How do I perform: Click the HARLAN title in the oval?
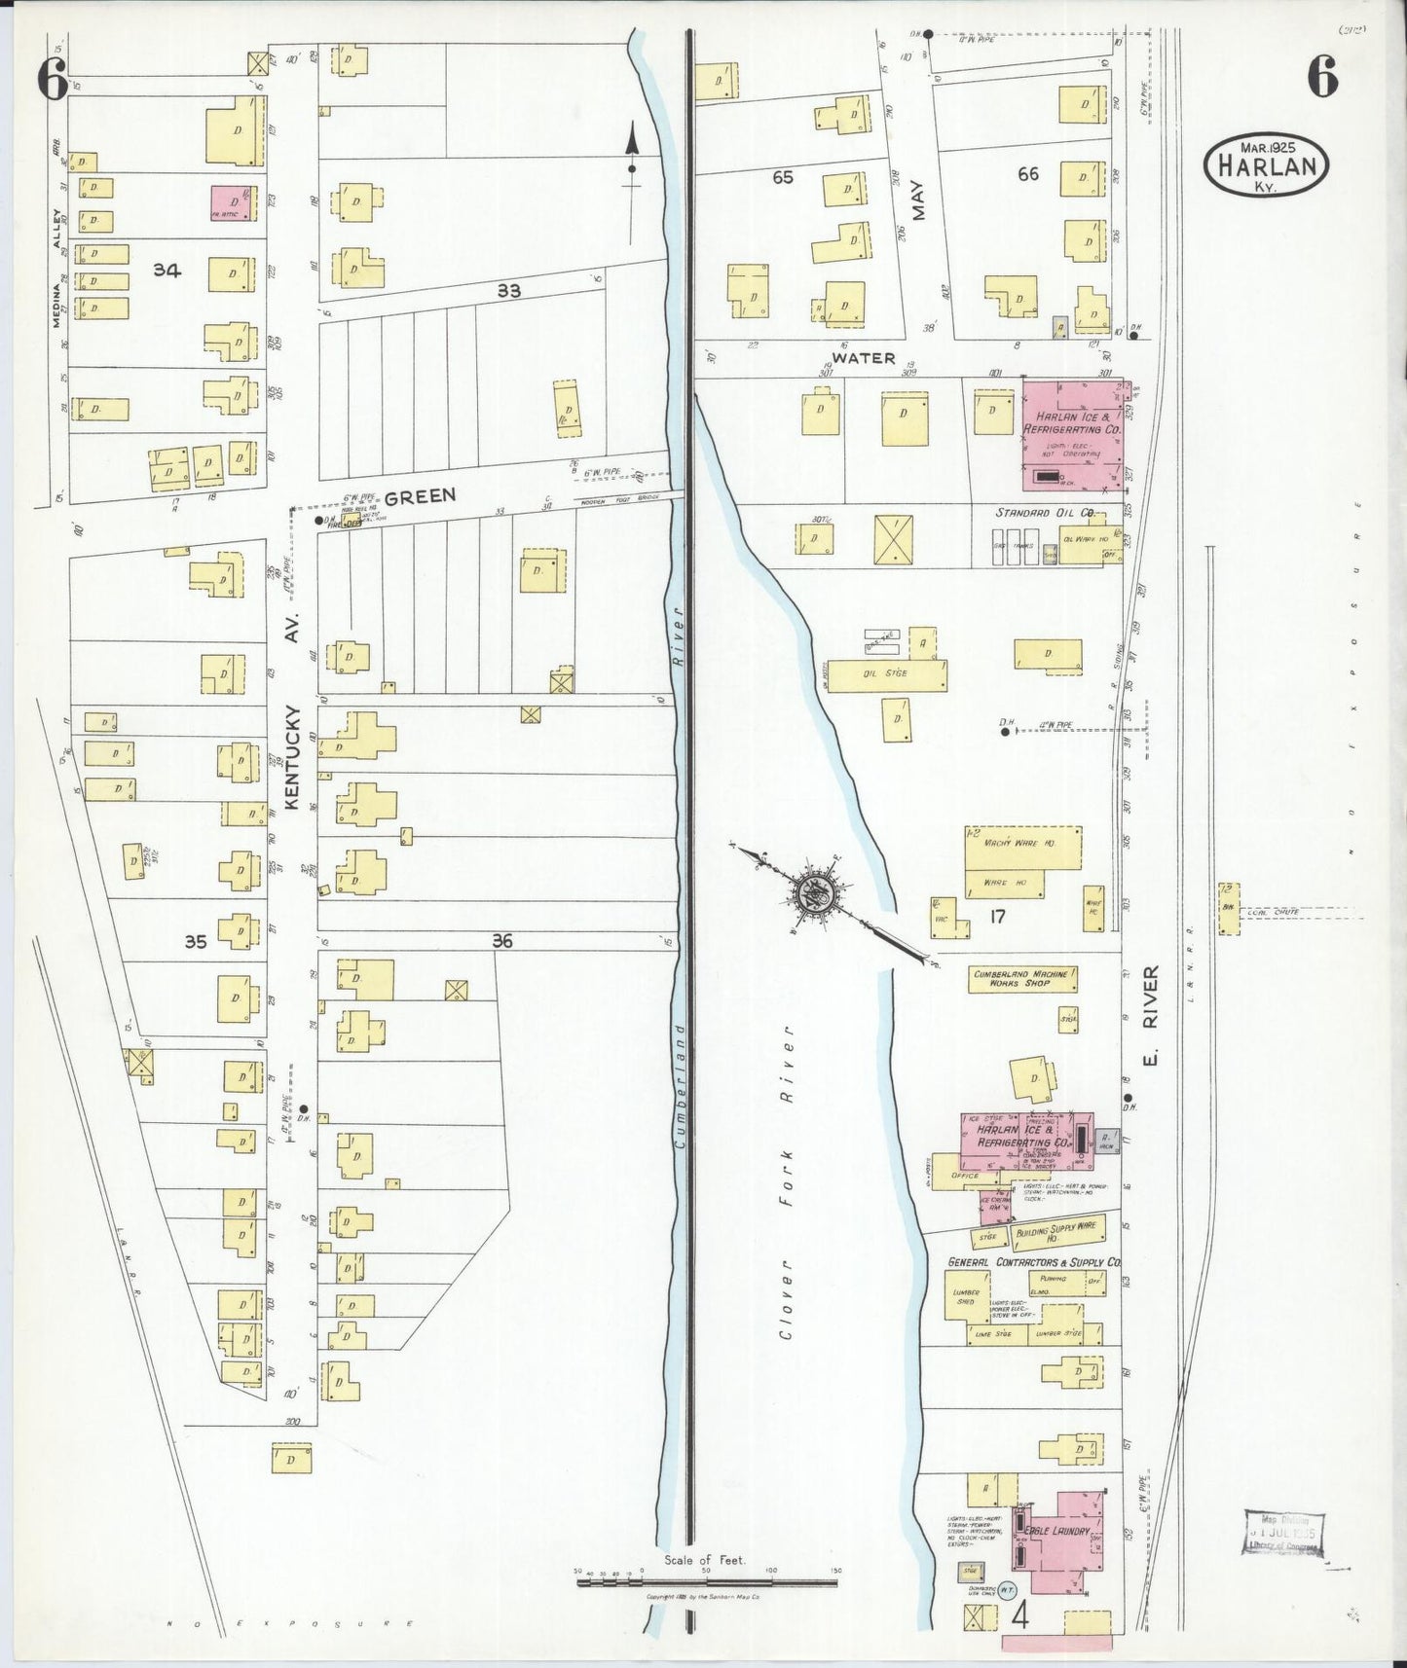click(1267, 165)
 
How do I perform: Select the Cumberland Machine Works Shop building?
click(1022, 978)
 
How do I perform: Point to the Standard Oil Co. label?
click(1045, 512)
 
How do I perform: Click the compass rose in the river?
click(814, 891)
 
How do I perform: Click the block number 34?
click(167, 271)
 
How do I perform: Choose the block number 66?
click(1028, 174)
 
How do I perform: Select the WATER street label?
click(864, 358)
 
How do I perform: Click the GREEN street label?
click(420, 495)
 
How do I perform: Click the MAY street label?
click(918, 200)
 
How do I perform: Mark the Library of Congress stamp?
click(1284, 1536)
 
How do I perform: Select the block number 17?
click(996, 916)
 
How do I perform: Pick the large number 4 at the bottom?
click(1021, 1615)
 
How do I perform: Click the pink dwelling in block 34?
click(234, 202)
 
